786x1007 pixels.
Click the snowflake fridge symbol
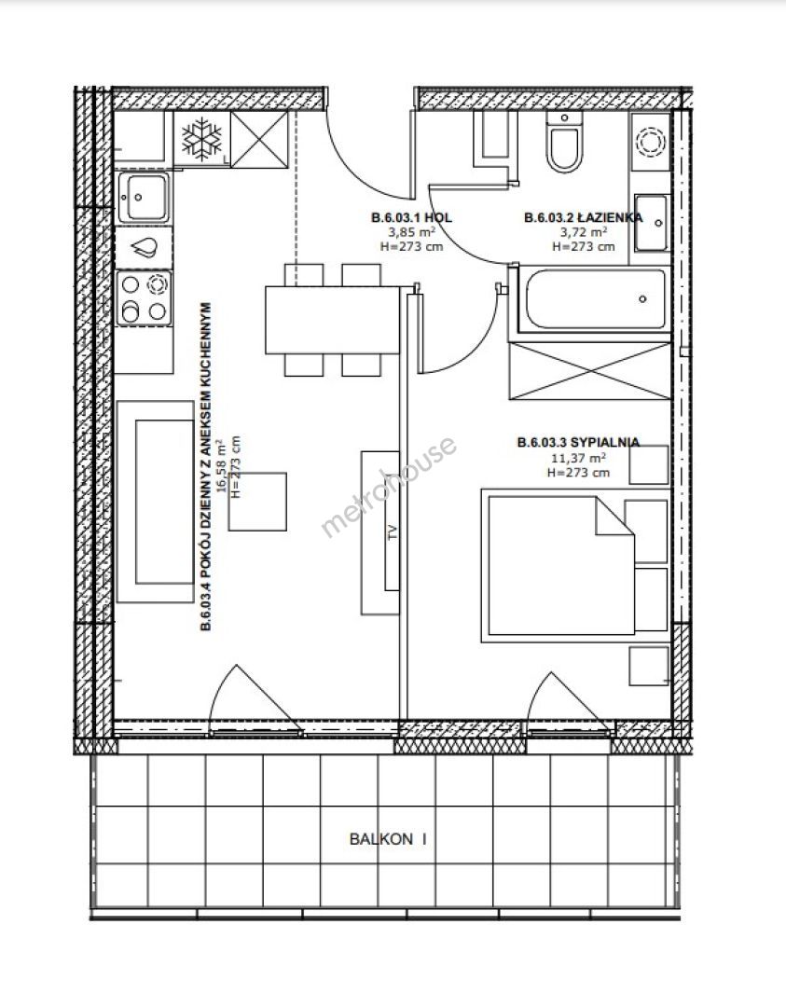click(201, 140)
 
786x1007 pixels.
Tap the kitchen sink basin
click(144, 197)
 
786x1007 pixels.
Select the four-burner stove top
click(145, 298)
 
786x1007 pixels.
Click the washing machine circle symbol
click(650, 142)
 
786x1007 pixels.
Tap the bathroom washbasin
click(653, 223)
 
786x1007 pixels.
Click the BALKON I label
click(388, 839)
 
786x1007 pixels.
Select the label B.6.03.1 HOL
click(411, 217)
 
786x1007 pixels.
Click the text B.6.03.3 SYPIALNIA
click(579, 443)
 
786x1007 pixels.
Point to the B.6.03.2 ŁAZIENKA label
click(583, 217)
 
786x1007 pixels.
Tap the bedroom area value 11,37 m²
click(579, 458)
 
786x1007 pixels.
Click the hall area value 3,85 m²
click(411, 232)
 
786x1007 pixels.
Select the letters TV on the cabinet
click(393, 531)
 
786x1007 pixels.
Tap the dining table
click(333, 320)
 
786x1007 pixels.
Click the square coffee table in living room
click(257, 502)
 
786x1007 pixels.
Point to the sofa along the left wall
click(155, 502)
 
